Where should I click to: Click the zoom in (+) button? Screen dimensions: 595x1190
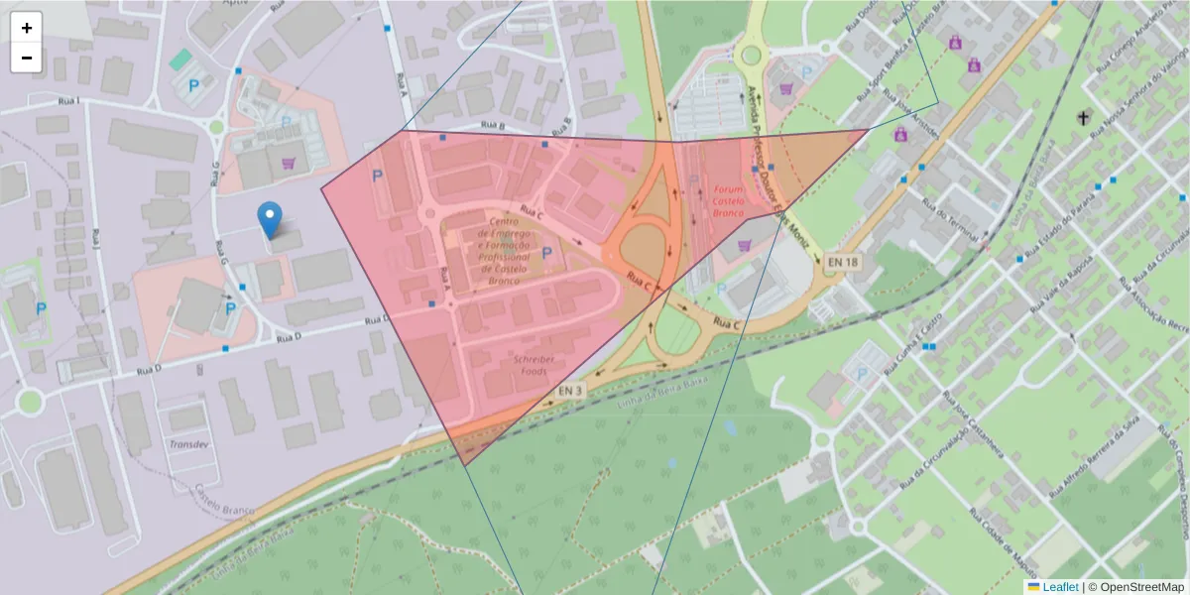point(27,28)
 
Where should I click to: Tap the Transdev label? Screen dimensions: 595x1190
point(186,443)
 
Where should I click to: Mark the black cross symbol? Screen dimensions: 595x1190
point(1084,118)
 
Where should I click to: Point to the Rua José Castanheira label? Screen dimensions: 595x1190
point(976,425)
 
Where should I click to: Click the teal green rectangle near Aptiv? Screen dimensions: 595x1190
point(180,59)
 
